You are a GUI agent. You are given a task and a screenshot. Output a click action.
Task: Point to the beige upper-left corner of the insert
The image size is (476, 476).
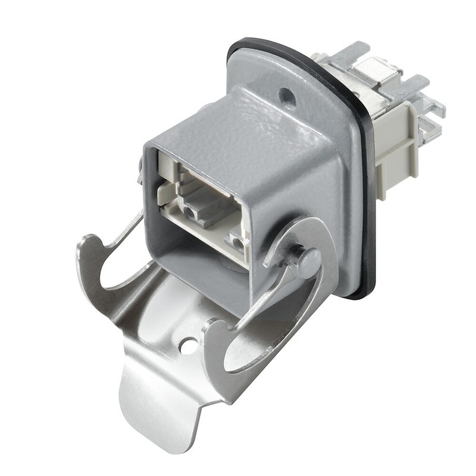(x=164, y=164)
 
